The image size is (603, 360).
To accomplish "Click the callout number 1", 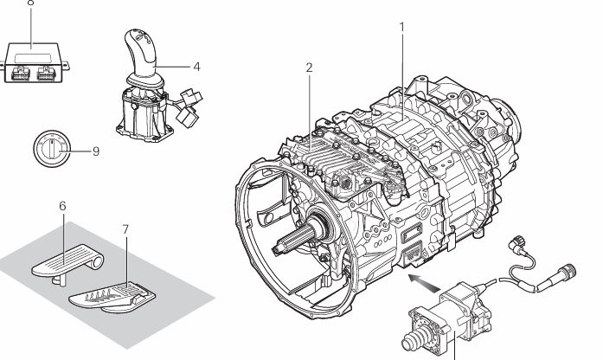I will [x=401, y=27].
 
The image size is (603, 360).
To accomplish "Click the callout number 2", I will [x=309, y=67].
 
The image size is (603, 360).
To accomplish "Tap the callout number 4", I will [x=196, y=65].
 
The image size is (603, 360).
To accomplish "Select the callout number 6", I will [x=62, y=206].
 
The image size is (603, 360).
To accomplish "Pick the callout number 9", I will [x=95, y=151].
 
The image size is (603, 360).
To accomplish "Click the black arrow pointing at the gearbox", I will [x=421, y=282].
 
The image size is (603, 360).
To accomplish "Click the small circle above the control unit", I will [x=31, y=3].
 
